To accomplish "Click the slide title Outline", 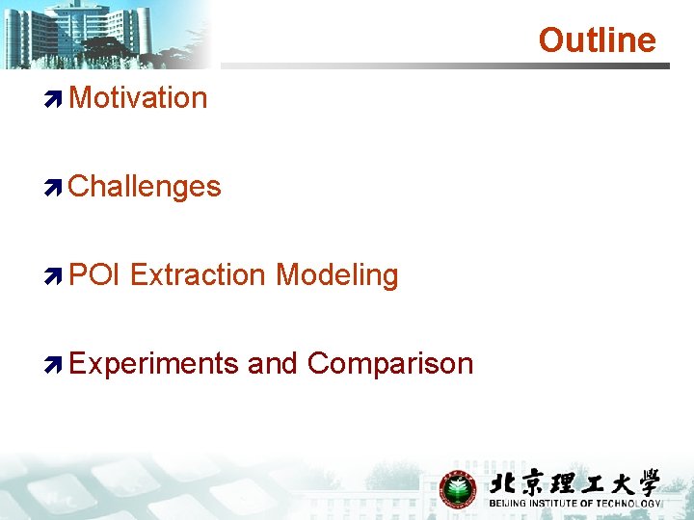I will pyautogui.click(x=597, y=40).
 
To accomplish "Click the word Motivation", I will pyautogui.click(x=138, y=97).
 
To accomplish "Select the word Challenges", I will pyautogui.click(x=145, y=186).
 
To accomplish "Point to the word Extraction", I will pyautogui.click(x=198, y=274).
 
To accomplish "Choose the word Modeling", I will pyautogui.click(x=336, y=274).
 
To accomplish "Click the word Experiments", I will pyautogui.click(x=153, y=364).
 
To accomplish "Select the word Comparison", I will pyautogui.click(x=390, y=364).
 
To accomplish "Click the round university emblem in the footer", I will pyautogui.click(x=458, y=489).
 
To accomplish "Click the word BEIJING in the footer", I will pyautogui.click(x=509, y=504).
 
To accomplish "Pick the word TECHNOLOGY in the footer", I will pyautogui.click(x=629, y=504).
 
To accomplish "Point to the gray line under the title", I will pyautogui.click(x=443, y=66).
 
